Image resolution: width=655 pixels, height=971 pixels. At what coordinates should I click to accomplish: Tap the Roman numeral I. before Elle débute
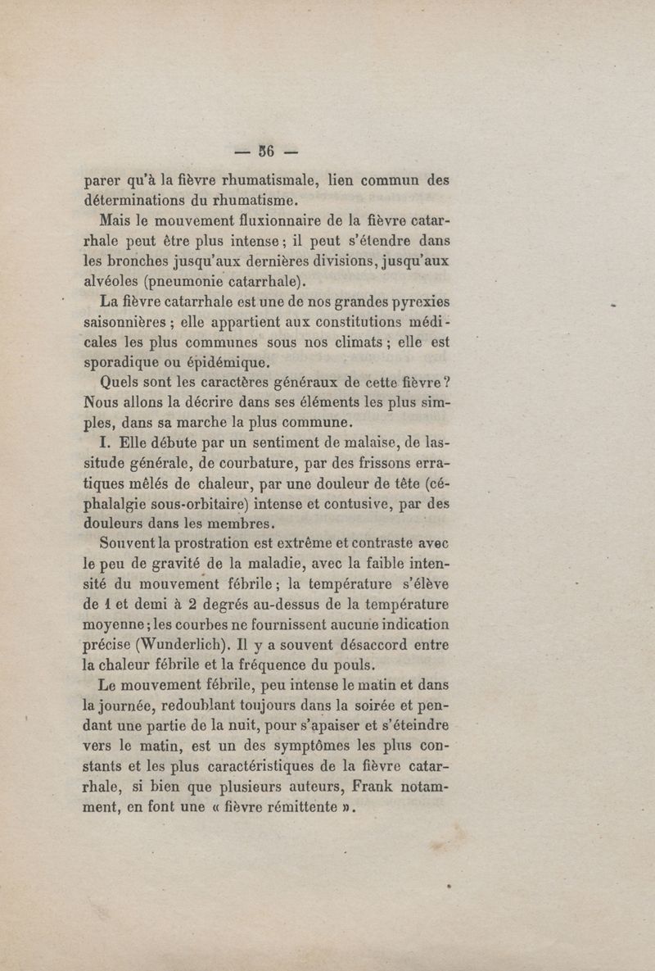coord(103,443)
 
